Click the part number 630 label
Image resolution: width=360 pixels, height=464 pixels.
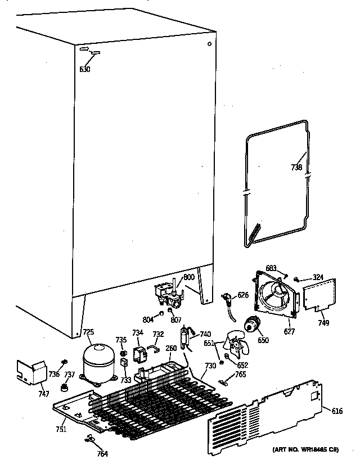coord(84,70)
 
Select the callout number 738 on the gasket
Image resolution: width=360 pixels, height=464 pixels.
coord(296,168)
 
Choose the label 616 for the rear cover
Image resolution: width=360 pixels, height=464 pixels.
coord(337,412)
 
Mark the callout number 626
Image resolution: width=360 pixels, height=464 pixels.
coord(242,295)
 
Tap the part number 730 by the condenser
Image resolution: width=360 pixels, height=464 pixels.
coord(210,366)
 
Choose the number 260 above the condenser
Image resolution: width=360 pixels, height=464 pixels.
coord(172,348)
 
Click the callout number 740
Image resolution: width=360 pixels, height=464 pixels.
coord(205,334)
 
